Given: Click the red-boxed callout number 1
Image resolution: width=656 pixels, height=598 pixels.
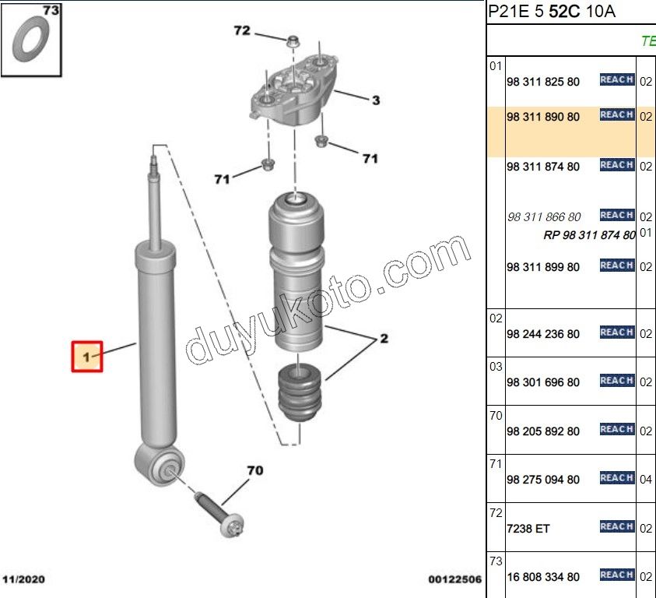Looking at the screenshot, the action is [86, 357].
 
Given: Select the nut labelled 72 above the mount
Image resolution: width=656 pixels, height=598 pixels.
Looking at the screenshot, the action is [293, 41].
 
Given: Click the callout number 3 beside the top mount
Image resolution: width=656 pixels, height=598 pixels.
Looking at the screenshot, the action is [376, 100].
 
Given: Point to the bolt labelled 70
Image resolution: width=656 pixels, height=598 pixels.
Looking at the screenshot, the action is [219, 515].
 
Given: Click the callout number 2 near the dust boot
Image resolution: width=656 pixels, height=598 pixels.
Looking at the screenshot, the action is [384, 339].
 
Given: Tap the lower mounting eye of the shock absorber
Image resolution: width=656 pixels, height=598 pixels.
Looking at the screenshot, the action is [160, 465].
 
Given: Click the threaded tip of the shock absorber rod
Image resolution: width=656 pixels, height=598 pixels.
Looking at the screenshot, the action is [153, 164].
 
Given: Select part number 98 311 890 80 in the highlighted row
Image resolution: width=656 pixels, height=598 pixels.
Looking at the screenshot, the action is [543, 117].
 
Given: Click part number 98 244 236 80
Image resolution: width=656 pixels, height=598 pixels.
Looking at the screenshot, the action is [543, 334].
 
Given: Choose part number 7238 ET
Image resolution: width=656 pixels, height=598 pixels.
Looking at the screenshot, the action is [528, 529].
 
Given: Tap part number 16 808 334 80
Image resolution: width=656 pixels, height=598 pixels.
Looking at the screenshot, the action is [543, 577].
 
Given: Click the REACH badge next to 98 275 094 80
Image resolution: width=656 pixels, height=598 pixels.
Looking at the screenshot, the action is [617, 478].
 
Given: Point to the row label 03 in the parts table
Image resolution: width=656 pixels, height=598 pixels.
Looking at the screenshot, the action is [496, 367].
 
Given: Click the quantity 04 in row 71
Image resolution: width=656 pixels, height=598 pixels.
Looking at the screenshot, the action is [646, 480].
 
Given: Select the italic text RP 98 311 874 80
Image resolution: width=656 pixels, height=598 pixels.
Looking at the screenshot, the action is [589, 235].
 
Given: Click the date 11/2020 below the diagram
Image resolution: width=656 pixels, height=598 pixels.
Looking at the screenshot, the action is [24, 579].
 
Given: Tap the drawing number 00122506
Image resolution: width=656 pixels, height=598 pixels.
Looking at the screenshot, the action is [454, 579].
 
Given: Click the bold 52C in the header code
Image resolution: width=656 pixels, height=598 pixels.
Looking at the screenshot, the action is [564, 12].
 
